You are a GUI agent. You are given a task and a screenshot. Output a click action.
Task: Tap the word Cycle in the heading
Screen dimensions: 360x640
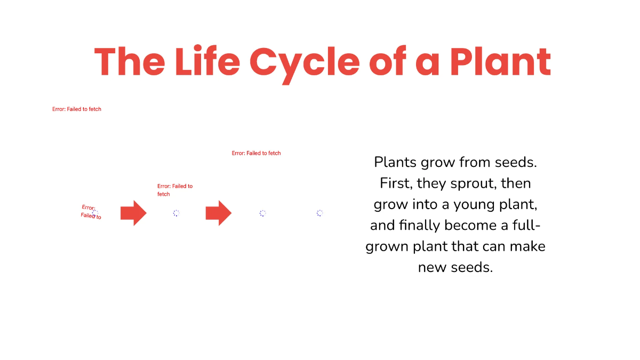[x=304, y=61]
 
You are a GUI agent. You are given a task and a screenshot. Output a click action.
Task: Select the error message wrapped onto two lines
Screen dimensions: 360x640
[x=174, y=190]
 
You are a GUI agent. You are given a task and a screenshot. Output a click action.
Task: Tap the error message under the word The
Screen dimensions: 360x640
[x=77, y=109]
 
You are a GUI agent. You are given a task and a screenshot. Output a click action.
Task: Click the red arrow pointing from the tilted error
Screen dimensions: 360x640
[x=133, y=213]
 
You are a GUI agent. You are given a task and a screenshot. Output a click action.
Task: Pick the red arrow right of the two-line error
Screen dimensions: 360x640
[x=218, y=213]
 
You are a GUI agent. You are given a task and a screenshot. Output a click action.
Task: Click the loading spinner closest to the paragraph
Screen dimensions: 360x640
[x=319, y=213]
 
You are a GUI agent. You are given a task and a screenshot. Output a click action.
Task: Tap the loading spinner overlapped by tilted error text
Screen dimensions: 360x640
[x=95, y=213]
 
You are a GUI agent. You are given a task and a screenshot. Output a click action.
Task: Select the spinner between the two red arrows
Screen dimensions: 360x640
[x=176, y=213]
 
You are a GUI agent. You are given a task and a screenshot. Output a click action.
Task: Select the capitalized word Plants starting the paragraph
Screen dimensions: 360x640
[x=395, y=162]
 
